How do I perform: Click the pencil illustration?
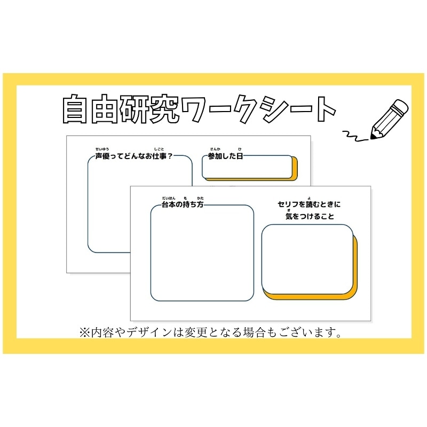tap(388, 118)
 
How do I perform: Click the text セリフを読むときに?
tap(309, 204)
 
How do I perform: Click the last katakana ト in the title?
tap(322, 110)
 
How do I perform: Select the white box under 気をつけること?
tap(307, 258)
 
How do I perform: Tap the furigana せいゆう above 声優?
tap(102, 148)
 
